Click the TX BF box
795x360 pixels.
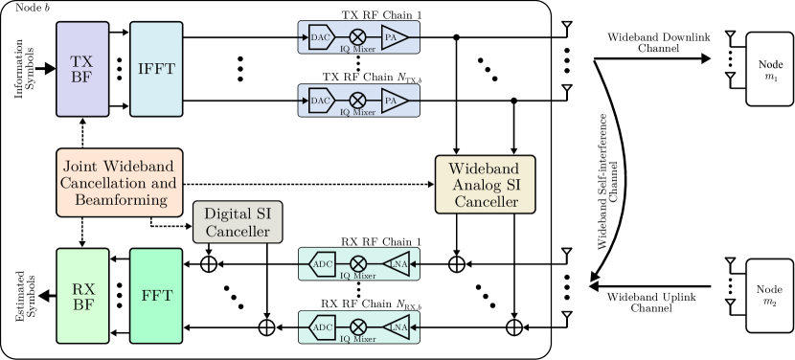click(x=81, y=69)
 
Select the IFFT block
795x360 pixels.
click(x=156, y=69)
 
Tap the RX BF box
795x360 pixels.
click(x=81, y=295)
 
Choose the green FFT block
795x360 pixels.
click(x=156, y=295)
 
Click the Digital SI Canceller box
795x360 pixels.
click(x=238, y=222)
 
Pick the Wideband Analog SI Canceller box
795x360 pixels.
click(x=485, y=185)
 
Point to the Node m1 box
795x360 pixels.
click(x=771, y=69)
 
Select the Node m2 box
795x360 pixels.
click(x=771, y=295)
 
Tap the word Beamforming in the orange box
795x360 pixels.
click(x=119, y=199)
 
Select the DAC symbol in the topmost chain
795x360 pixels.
click(x=321, y=37)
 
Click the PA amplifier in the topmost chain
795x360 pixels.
click(x=393, y=37)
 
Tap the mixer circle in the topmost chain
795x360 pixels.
click(x=357, y=37)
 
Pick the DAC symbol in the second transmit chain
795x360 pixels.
click(x=321, y=100)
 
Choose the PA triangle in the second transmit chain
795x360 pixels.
click(x=393, y=100)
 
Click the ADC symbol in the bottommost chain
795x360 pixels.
click(x=323, y=327)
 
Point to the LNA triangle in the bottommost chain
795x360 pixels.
click(x=397, y=327)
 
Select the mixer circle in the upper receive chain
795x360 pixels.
click(x=357, y=263)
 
